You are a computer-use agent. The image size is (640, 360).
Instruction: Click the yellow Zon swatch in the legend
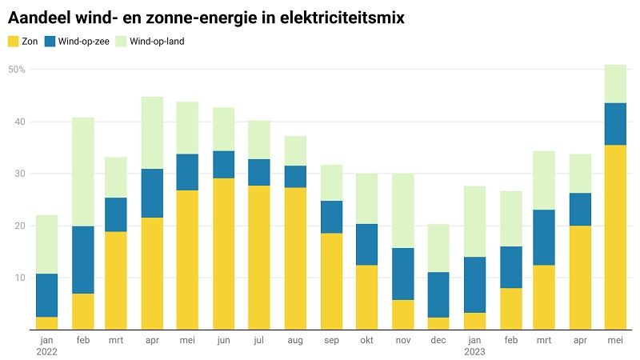point(14,42)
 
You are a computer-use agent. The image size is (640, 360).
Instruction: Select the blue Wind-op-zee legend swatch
point(50,42)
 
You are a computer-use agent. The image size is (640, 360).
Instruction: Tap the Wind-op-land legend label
point(157,42)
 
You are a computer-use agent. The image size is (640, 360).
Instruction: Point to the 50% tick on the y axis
point(17,70)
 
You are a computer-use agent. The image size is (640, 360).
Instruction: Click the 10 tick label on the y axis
point(20,278)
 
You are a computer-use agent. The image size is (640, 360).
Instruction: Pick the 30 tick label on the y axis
point(20,174)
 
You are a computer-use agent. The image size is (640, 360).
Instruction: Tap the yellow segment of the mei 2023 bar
point(615,237)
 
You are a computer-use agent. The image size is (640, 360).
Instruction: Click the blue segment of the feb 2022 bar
point(83,260)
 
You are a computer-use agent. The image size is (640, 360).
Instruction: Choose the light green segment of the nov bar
point(403,210)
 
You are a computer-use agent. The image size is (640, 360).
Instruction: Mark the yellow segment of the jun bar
point(224,254)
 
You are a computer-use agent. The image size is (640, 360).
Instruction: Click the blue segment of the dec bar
point(438,294)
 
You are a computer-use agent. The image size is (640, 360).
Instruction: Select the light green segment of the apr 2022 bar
point(152,133)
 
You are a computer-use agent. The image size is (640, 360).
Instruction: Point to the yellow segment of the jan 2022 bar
point(47,323)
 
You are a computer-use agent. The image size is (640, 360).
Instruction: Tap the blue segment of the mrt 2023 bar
point(544,238)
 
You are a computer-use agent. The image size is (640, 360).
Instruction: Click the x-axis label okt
point(366,340)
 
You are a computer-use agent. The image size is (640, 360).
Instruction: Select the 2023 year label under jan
point(474,351)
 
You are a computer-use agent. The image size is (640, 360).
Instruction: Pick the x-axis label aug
point(295,341)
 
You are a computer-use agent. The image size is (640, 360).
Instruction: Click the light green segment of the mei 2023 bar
point(615,84)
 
